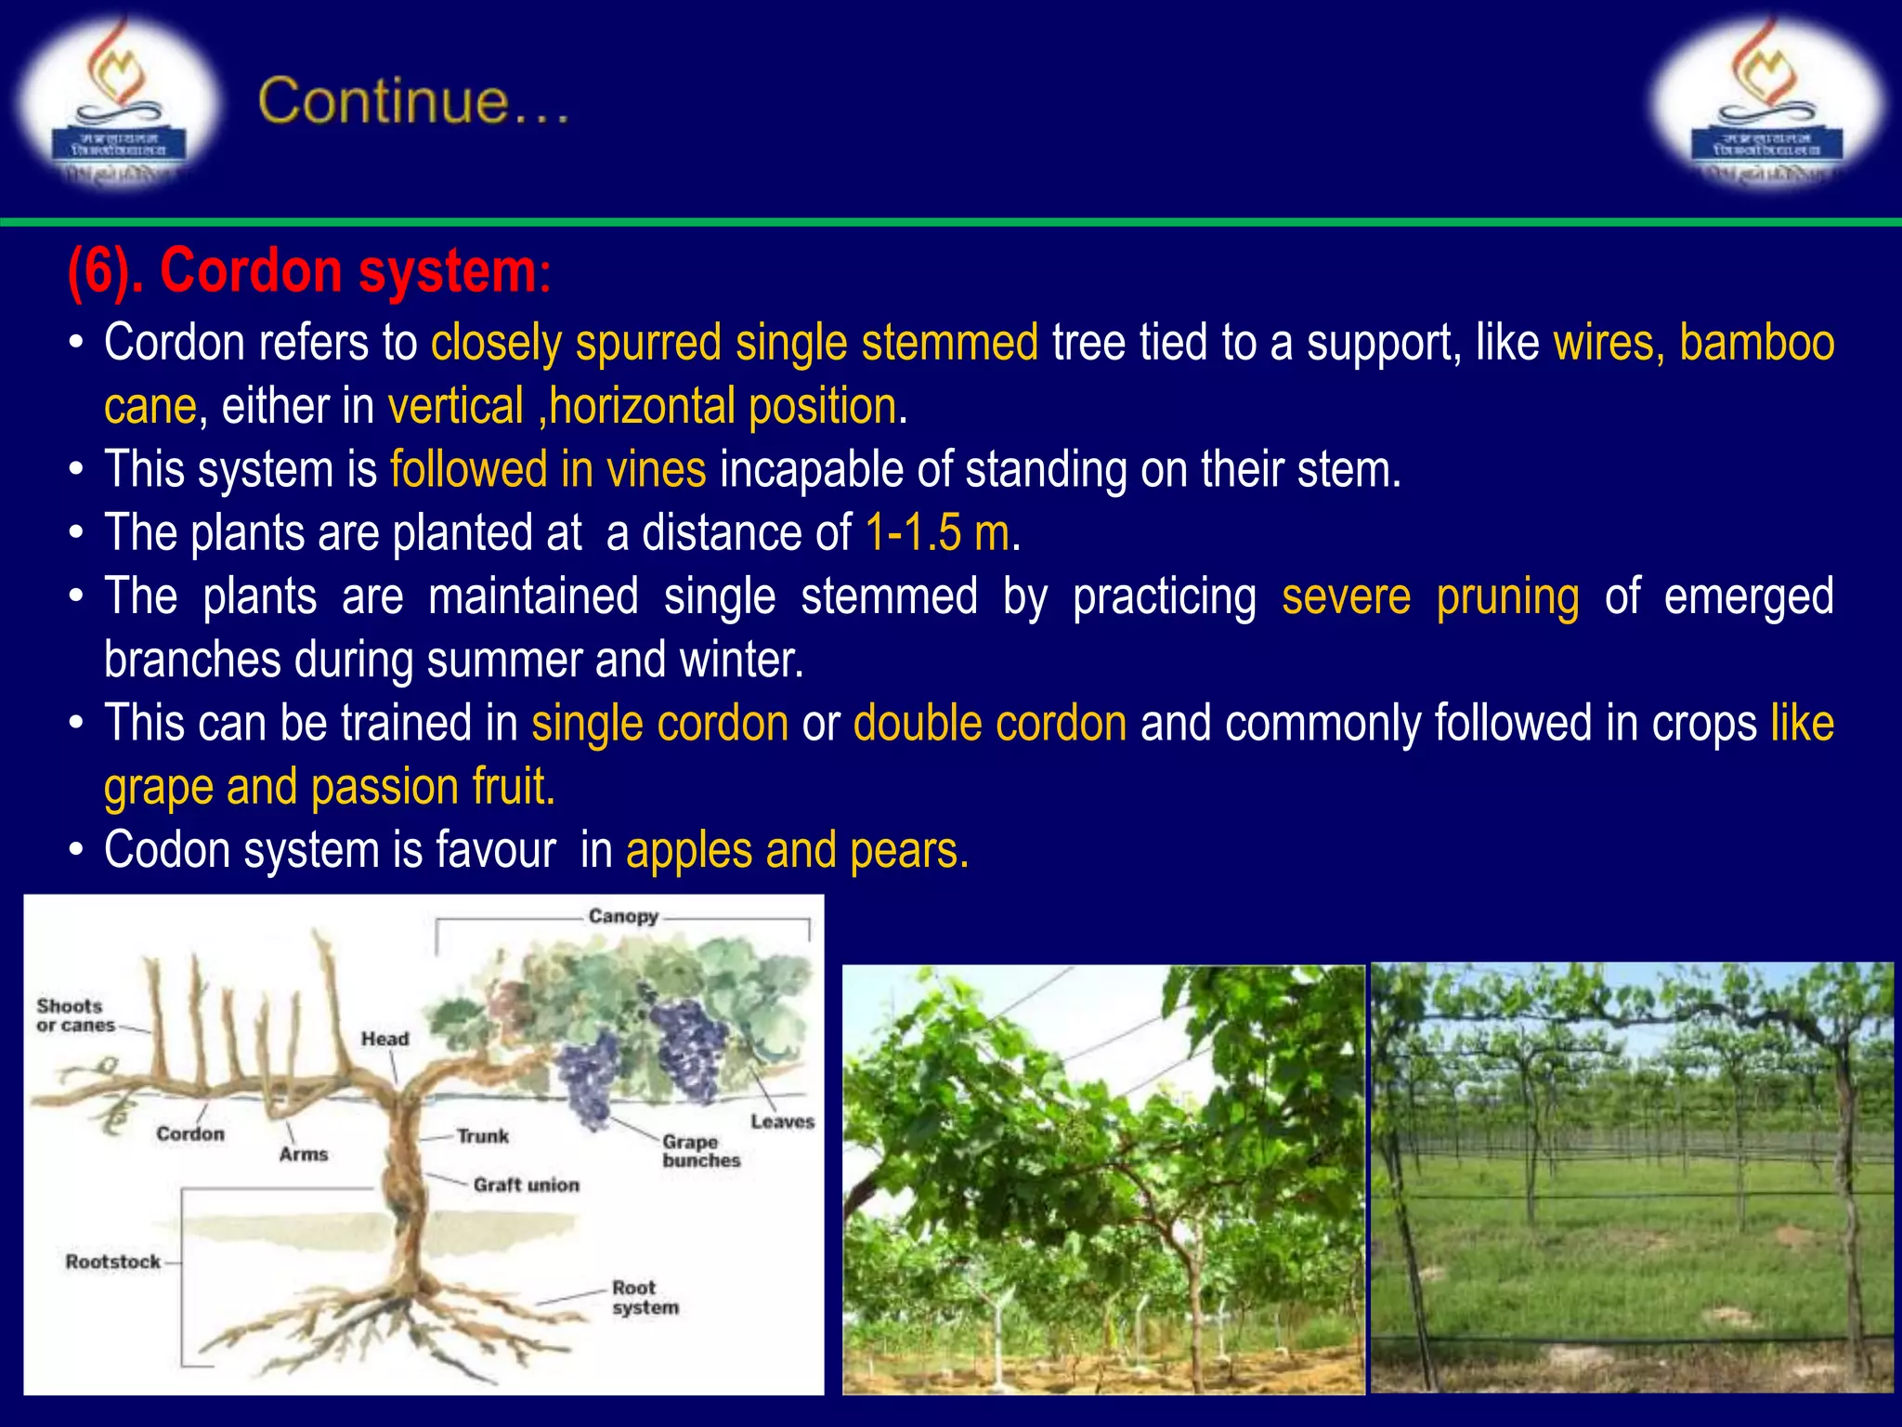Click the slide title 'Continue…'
click(413, 101)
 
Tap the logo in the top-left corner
click(118, 102)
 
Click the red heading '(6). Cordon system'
click(302, 271)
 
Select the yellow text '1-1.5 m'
click(937, 532)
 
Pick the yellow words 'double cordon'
click(990, 723)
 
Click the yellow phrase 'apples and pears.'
click(797, 850)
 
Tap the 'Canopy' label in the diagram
click(623, 916)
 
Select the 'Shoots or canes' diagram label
click(74, 1015)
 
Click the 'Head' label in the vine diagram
click(384, 1039)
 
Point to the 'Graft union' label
click(526, 1185)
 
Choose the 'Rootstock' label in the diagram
click(112, 1262)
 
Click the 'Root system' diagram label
click(645, 1298)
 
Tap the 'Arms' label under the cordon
click(304, 1154)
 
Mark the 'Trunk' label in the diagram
click(482, 1135)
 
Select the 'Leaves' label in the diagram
click(781, 1121)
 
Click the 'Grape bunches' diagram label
click(700, 1151)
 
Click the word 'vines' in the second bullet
click(656, 469)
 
